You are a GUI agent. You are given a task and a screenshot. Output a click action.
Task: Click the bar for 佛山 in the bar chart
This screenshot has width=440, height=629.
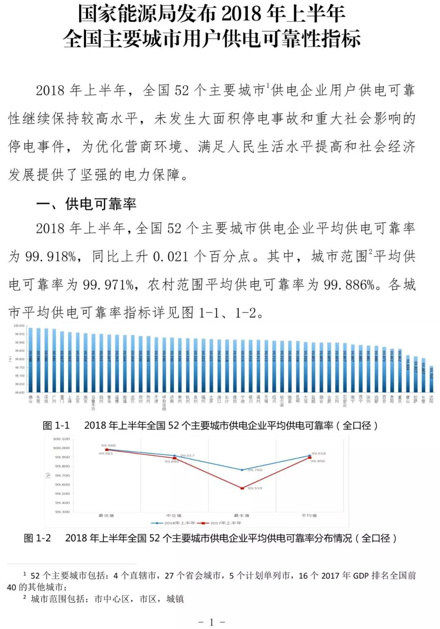(x=30, y=360)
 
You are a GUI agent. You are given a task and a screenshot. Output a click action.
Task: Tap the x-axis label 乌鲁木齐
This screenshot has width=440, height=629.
(x=93, y=403)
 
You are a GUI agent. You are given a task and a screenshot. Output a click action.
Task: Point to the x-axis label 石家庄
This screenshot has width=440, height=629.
(x=345, y=401)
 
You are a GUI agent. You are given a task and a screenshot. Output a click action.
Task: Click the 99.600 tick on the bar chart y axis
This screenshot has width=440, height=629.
(x=19, y=392)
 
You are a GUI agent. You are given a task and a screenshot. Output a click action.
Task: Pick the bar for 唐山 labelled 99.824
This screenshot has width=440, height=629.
(x=408, y=374)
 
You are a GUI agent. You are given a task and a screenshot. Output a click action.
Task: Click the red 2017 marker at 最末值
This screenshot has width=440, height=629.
(x=242, y=488)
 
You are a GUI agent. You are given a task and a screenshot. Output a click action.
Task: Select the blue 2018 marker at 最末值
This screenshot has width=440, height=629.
(x=242, y=470)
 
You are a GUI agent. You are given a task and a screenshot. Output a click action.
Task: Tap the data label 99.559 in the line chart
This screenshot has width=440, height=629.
(x=255, y=488)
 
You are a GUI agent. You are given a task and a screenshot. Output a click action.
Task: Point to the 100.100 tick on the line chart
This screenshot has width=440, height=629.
(x=62, y=439)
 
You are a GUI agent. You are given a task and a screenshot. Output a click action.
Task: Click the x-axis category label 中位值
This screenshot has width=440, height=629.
(x=174, y=515)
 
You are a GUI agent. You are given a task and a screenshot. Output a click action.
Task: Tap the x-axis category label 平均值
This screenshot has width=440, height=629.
(x=309, y=515)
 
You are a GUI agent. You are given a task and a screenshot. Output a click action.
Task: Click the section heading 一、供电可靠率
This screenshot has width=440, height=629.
(x=86, y=204)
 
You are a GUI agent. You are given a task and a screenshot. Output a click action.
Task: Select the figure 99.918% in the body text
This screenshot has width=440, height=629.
(x=50, y=256)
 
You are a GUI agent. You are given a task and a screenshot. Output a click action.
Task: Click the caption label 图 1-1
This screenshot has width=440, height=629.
(x=56, y=425)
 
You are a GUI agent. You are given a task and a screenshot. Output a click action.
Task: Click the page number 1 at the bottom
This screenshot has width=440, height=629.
(x=211, y=622)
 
